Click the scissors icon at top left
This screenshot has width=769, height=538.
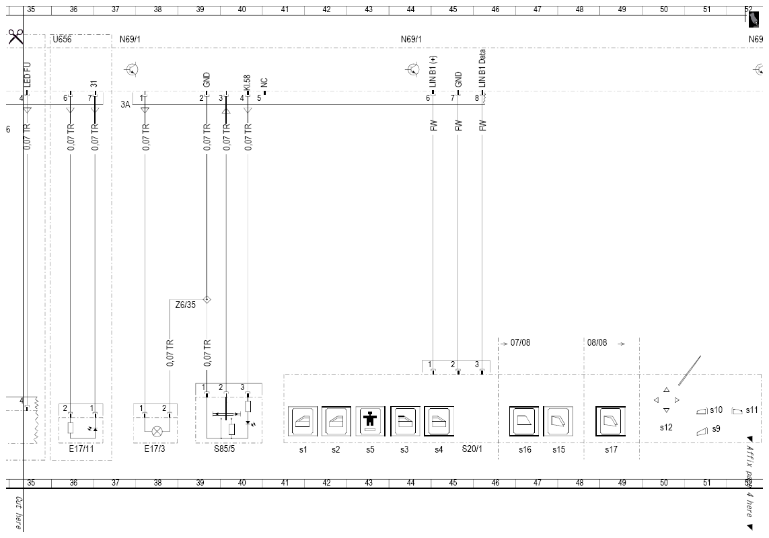[x=15, y=36]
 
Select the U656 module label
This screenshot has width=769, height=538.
[x=63, y=39]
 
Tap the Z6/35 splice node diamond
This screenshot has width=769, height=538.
[x=207, y=299]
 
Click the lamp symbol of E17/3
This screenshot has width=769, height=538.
[x=157, y=432]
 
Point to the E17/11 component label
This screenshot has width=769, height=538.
[x=81, y=449]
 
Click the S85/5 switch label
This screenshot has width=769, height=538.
[x=224, y=449]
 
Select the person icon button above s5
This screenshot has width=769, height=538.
[x=370, y=421]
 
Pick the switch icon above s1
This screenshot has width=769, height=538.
[x=303, y=421]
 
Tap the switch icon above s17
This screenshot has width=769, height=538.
[x=611, y=421]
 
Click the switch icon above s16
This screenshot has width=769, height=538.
[x=524, y=421]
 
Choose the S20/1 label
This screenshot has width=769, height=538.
[x=472, y=449]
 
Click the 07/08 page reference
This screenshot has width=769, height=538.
[x=520, y=342]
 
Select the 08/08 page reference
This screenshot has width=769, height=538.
[x=597, y=342]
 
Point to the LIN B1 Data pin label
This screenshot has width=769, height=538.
[x=482, y=68]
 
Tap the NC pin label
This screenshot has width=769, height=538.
[x=264, y=83]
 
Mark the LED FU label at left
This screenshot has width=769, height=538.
[x=27, y=75]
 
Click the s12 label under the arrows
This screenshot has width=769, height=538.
[x=666, y=428]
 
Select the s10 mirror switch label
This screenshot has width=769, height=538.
[x=716, y=410]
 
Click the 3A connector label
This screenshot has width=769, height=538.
[x=126, y=104]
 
